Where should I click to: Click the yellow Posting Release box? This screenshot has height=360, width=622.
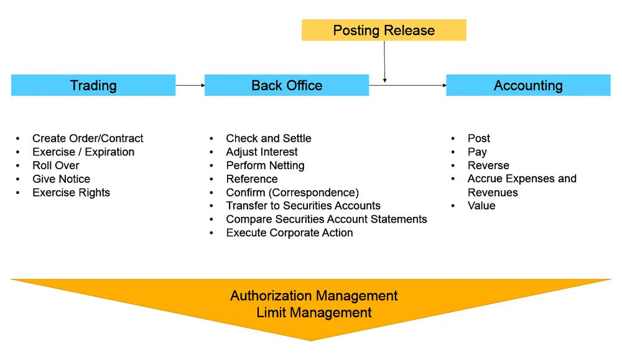384,30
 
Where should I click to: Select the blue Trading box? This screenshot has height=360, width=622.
93,85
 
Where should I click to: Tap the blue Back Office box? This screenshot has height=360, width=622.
287,85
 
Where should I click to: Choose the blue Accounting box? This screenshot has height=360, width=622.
528,85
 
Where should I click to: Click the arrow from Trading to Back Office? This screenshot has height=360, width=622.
190,85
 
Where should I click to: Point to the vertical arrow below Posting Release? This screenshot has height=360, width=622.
385,62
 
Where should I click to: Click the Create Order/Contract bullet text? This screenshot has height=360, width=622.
88,138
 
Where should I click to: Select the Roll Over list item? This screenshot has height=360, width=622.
56,165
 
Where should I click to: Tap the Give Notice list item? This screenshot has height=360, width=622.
61,179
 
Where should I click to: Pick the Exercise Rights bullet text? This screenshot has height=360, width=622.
71,193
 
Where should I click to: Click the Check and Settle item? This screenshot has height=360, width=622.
269,138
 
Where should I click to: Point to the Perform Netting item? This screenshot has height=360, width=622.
265,165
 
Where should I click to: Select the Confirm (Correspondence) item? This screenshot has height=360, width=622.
292,193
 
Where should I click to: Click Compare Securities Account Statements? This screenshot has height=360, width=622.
327,219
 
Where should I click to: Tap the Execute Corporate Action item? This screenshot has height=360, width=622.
289,233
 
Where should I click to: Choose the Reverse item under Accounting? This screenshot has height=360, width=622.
488,165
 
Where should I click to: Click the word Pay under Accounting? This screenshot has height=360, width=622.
477,152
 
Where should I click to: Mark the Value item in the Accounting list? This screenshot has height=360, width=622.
481,206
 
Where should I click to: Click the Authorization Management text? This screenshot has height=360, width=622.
314,295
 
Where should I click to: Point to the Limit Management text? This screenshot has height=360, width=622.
314,312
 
